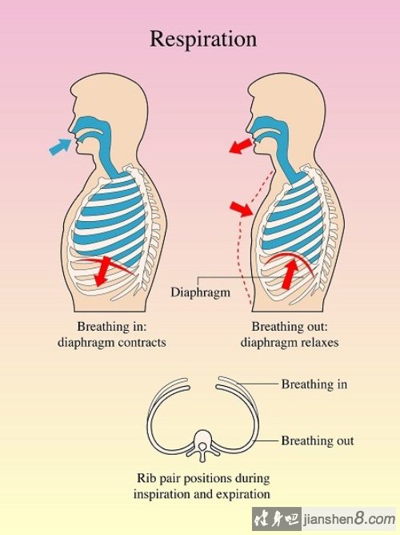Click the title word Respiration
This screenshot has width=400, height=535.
pyautogui.click(x=203, y=39)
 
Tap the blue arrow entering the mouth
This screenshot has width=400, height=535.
pyautogui.click(x=61, y=147)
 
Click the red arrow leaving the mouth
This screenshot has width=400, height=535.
pyautogui.click(x=242, y=146)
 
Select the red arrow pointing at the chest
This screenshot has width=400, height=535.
pyautogui.click(x=242, y=208)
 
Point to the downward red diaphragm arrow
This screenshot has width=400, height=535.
pyautogui.click(x=102, y=271)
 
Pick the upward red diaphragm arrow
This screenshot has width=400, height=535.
pyautogui.click(x=290, y=274)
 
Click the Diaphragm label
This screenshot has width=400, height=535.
pyautogui.click(x=200, y=292)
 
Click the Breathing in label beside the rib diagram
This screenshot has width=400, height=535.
pyautogui.click(x=314, y=384)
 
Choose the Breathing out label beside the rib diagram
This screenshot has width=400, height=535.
pyautogui.click(x=318, y=440)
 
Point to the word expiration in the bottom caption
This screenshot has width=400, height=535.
pyautogui.click(x=246, y=494)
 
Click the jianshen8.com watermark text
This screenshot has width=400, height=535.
pyautogui.click(x=350, y=520)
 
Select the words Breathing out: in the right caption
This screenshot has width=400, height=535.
pyautogui.click(x=290, y=327)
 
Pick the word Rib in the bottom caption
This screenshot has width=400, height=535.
pyautogui.click(x=146, y=478)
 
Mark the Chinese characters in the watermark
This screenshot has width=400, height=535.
pyautogui.click(x=276, y=519)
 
